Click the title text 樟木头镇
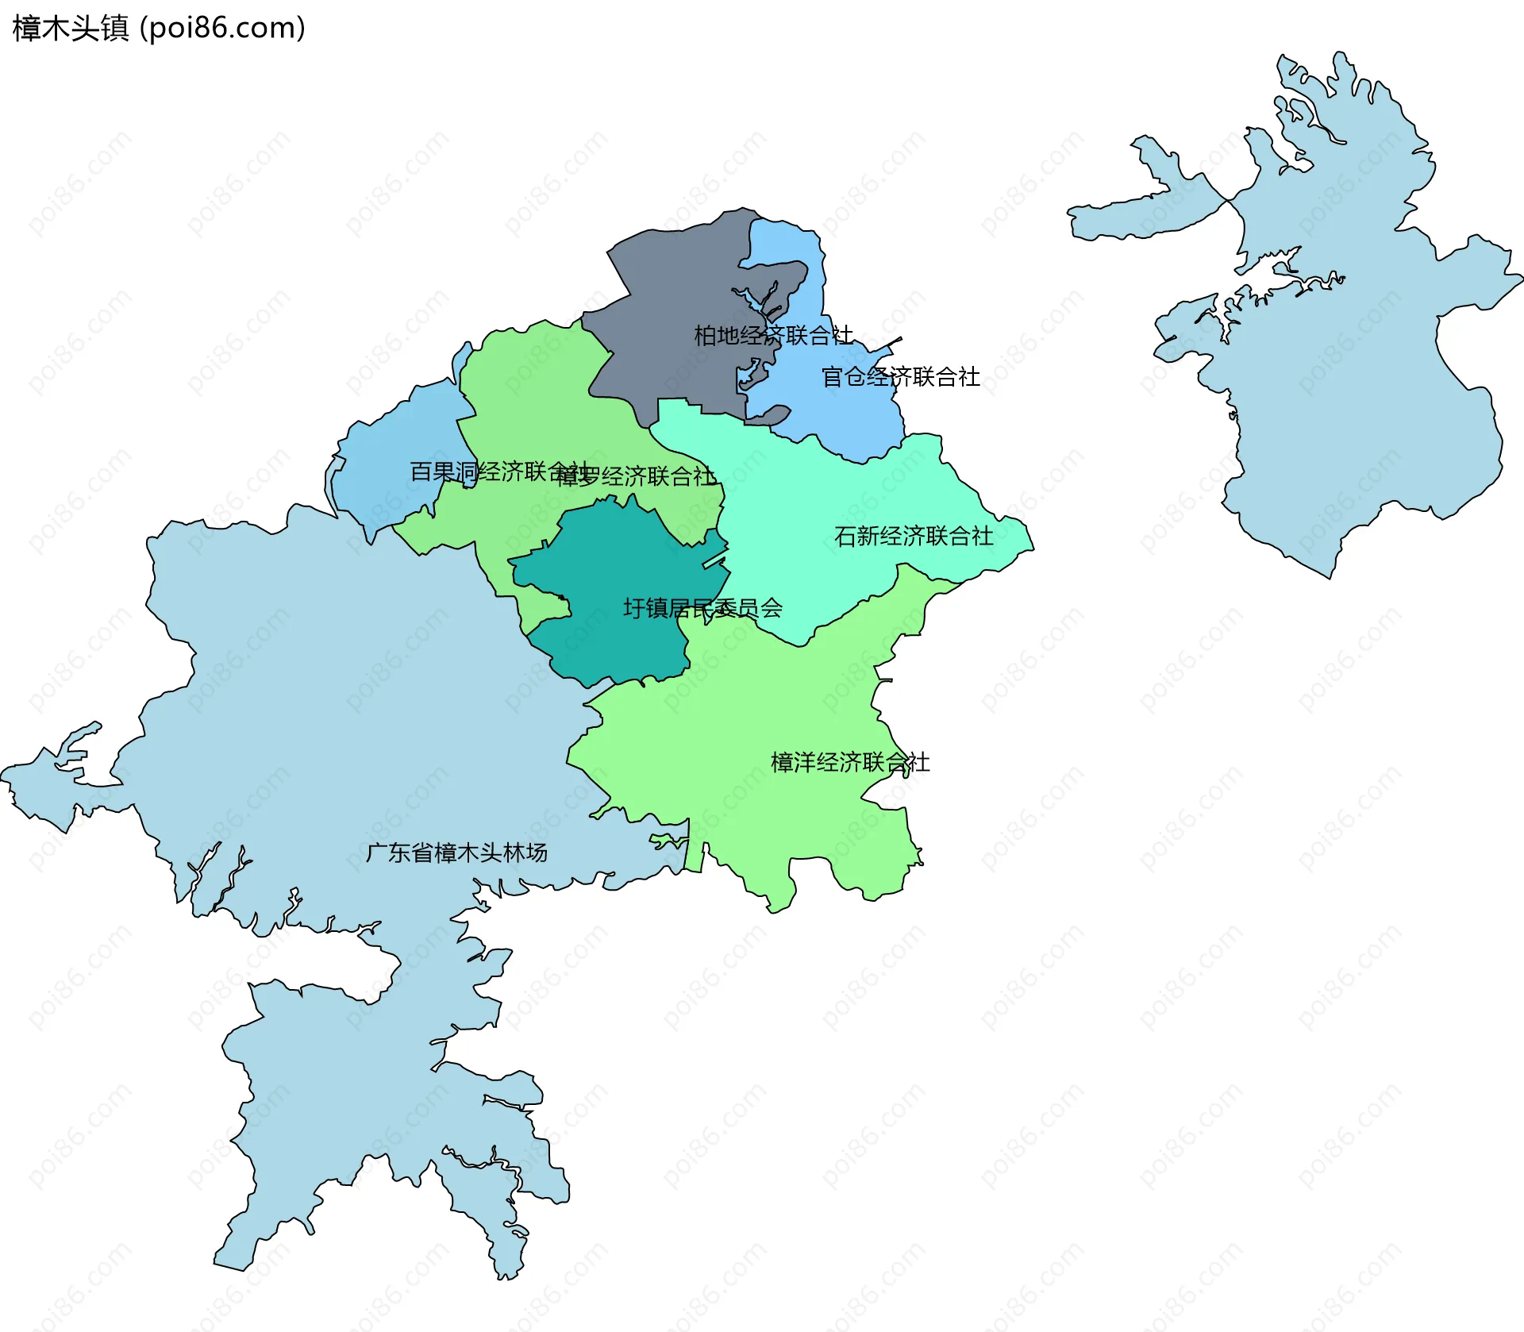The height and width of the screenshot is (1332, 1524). [70, 29]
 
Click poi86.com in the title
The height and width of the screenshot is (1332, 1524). [222, 29]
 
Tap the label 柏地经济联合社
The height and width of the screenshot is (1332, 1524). [773, 336]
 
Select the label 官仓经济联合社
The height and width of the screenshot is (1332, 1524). [900, 377]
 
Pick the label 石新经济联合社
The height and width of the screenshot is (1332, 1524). [913, 537]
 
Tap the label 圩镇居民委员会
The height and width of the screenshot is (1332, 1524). [702, 609]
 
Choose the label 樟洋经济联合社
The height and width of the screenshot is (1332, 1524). [849, 763]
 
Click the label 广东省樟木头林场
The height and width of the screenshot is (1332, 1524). [456, 853]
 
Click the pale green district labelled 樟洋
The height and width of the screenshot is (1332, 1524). [754, 714]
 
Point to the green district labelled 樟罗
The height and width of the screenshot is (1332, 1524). [540, 397]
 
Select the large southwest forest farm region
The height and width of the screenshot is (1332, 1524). [333, 714]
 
